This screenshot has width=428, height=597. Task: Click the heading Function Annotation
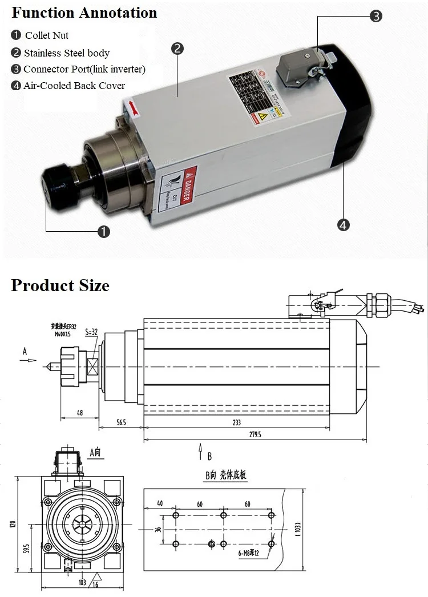(84, 13)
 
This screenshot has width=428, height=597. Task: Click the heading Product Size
(60, 285)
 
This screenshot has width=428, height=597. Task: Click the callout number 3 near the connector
(375, 17)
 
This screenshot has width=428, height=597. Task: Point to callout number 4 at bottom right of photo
(343, 225)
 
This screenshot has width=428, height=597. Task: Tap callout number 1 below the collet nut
(103, 231)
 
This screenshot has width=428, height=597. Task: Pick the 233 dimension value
(236, 422)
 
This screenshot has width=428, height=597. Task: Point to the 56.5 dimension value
(120, 422)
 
